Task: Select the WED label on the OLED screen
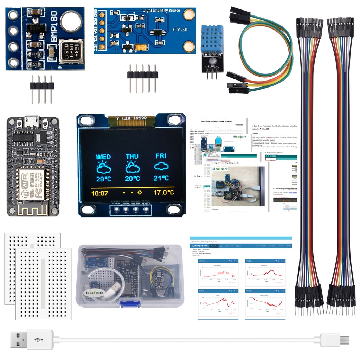(x=103, y=156)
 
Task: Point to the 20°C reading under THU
(x=132, y=179)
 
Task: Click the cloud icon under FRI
(x=161, y=168)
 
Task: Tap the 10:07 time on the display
(x=100, y=193)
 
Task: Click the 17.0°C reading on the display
(x=163, y=193)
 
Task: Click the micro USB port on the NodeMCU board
(x=33, y=122)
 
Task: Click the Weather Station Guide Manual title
(x=216, y=122)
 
